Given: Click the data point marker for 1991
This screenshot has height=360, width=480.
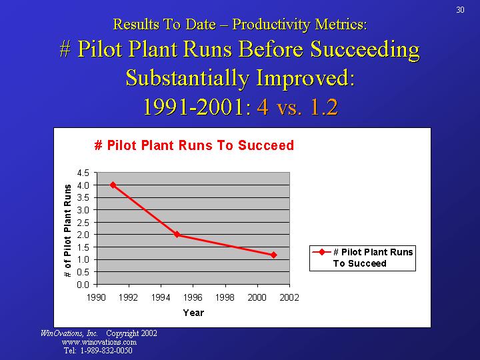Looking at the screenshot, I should click(113, 185).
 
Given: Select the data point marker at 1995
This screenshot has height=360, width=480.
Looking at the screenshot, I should click(177, 235).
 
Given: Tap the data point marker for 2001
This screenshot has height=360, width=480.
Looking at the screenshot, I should click(273, 255).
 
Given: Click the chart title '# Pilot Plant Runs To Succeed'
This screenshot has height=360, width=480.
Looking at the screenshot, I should click(194, 145).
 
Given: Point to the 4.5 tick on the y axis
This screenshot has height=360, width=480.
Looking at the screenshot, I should click(83, 173).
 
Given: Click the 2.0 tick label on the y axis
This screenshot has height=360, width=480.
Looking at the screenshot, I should click(83, 235).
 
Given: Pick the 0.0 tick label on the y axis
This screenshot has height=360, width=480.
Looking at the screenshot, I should click(83, 285).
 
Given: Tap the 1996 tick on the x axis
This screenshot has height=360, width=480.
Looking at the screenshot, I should click(193, 297).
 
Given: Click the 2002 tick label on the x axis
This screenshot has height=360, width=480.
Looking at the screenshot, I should click(289, 297).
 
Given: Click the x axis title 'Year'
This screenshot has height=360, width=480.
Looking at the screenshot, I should click(193, 313).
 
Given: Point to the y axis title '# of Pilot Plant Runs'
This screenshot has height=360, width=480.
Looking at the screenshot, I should click(67, 231).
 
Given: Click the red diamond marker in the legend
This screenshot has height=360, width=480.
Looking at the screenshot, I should click(321, 252).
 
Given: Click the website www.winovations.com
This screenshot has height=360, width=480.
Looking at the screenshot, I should click(99, 342).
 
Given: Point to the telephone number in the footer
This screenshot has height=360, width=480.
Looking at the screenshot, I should click(97, 351).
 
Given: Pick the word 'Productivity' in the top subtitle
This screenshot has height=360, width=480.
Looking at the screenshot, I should click(267, 25).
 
